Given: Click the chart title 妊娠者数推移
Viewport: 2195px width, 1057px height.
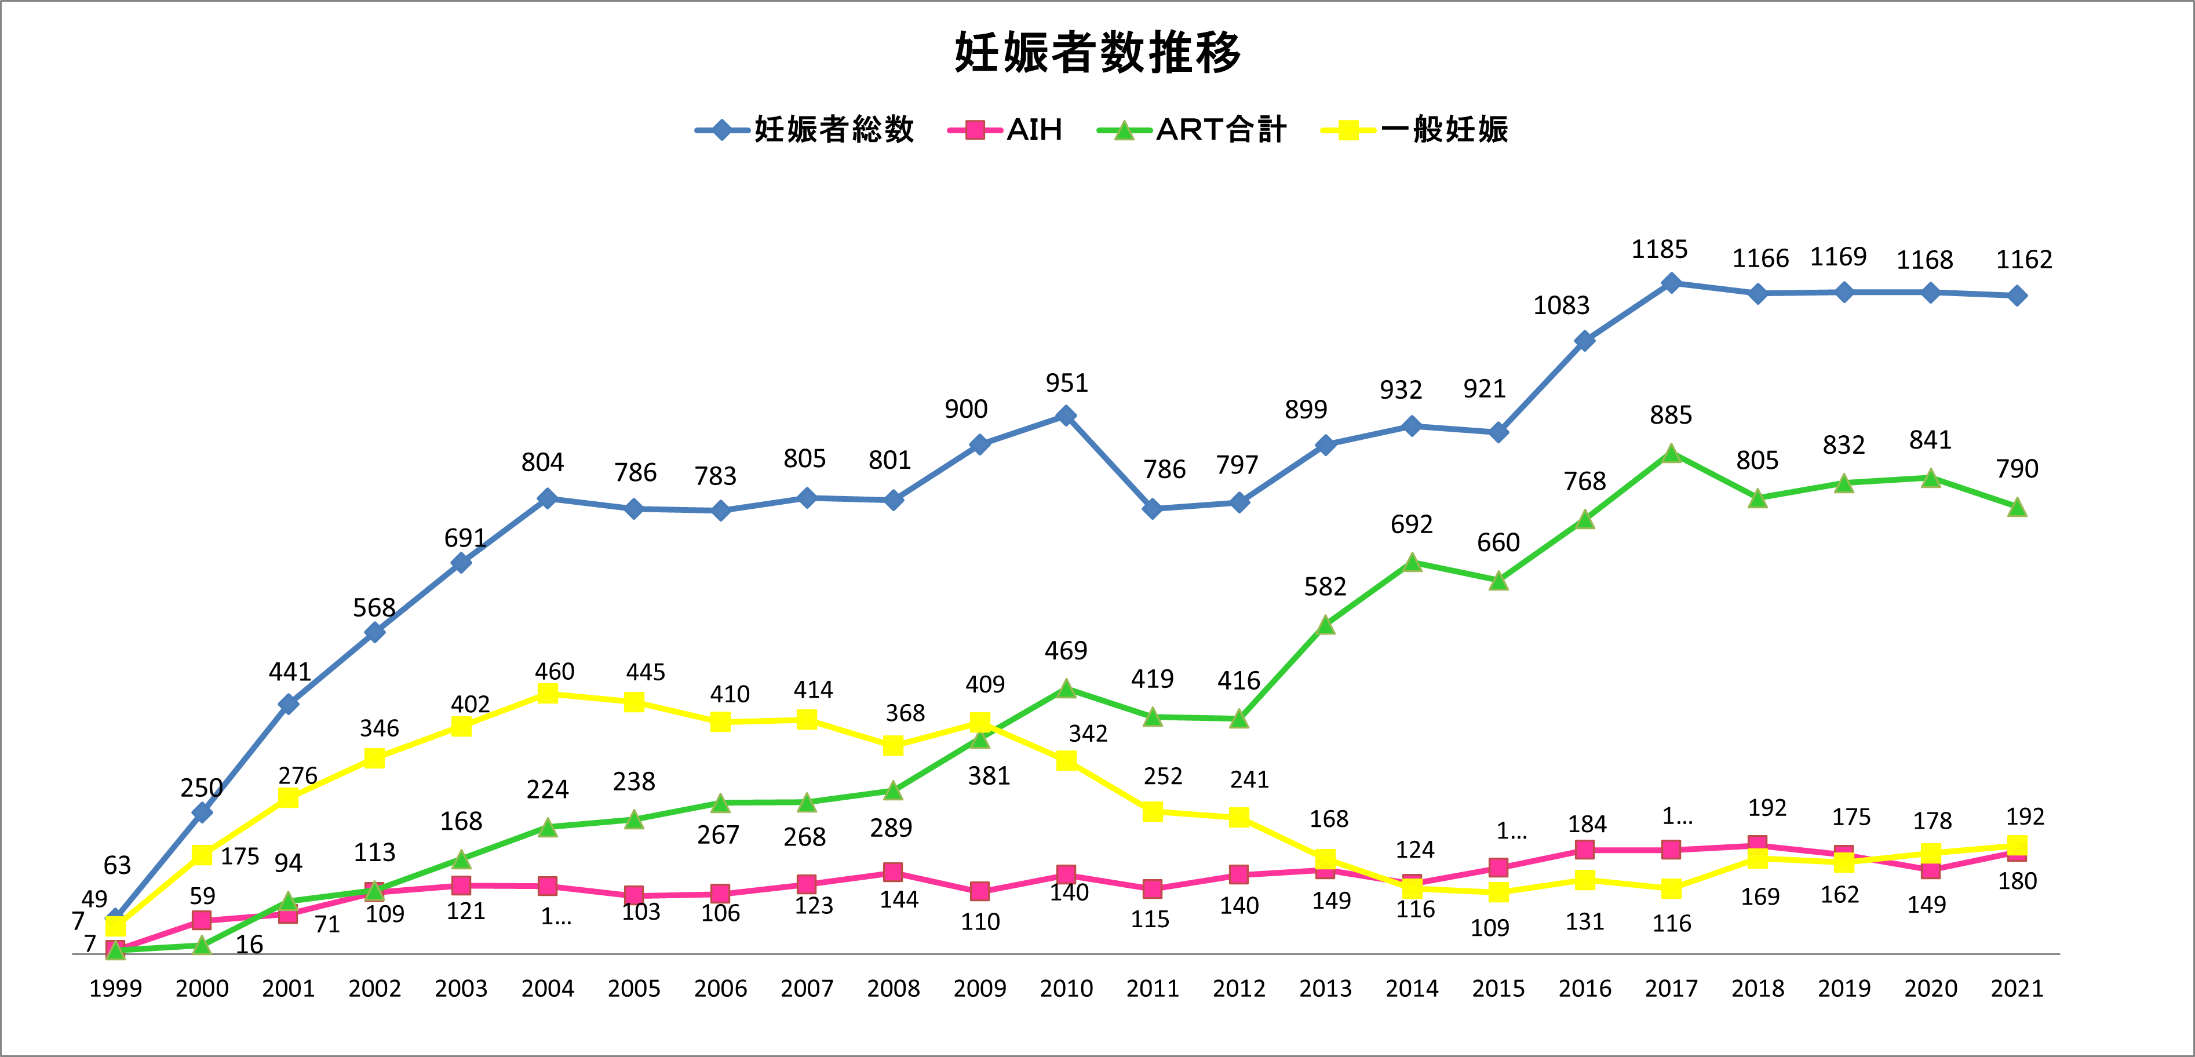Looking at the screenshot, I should (1097, 53).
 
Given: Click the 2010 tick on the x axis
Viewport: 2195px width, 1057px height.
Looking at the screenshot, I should (1066, 989).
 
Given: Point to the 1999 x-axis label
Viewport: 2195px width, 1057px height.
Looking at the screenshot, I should (116, 989).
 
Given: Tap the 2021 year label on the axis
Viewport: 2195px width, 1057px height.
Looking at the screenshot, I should (2017, 989).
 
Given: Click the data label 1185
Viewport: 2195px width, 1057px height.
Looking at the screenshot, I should (1659, 250).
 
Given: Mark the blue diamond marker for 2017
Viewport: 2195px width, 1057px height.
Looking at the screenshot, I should (1671, 283).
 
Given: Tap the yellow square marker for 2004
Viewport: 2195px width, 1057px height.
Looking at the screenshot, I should (548, 694).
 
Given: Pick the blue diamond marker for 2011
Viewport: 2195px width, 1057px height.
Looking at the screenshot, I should (1152, 509).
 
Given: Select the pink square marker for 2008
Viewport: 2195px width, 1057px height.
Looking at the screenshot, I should (893, 872).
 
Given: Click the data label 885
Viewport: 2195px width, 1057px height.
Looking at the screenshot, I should (1670, 415).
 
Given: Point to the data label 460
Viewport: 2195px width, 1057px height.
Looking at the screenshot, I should (555, 672).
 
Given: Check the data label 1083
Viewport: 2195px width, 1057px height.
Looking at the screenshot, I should (1561, 305).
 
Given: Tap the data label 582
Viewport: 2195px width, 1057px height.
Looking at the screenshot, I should (1325, 586).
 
